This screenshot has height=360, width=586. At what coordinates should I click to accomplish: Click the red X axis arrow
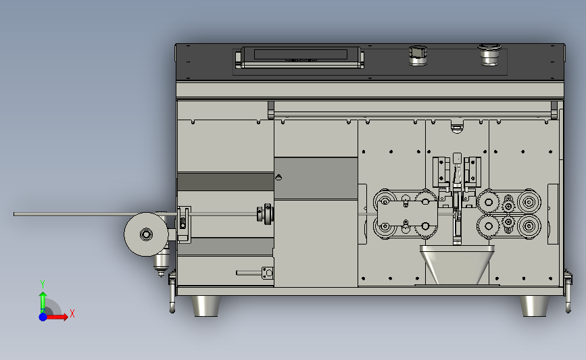point(56,317)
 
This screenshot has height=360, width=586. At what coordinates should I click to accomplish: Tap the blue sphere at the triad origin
point(43,317)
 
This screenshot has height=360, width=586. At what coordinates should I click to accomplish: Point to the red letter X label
point(72,313)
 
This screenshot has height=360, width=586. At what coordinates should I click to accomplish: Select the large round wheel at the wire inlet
point(146,234)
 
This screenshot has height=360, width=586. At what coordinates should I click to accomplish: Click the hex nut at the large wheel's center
point(146,234)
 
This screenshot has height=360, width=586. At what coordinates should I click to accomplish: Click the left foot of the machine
point(205,306)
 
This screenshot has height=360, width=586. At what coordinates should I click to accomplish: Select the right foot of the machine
point(535,306)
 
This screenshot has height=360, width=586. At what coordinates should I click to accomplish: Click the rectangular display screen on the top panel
point(301,54)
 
